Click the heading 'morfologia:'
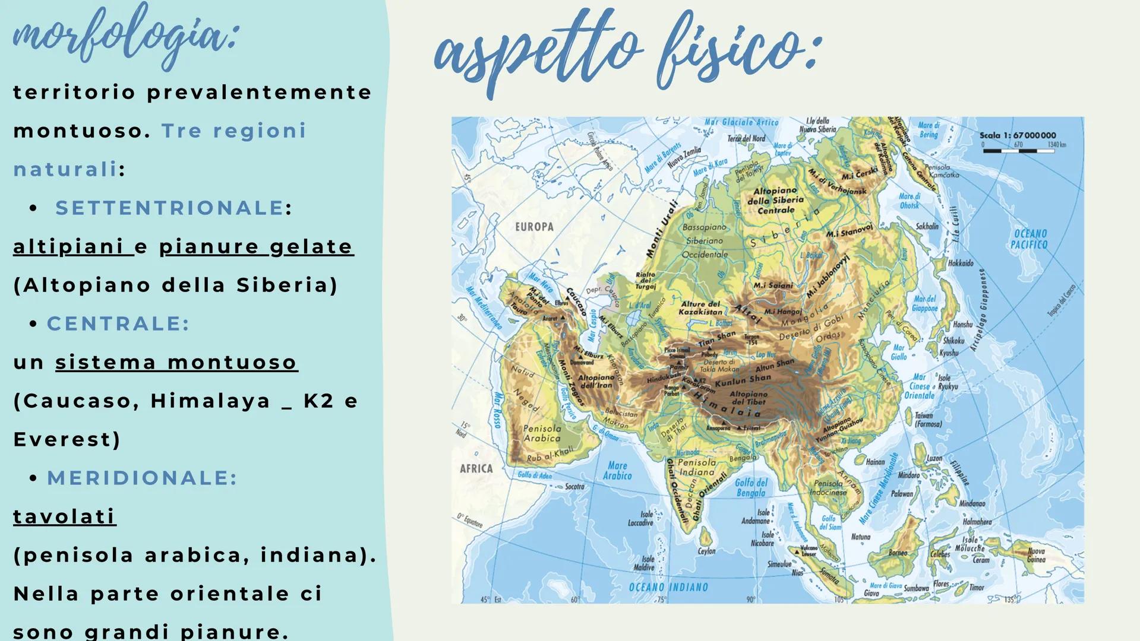[x=125, y=36]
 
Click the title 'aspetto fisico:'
[x=627, y=50]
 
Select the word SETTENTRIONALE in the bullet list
[x=169, y=208]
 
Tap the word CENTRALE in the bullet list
[x=118, y=323]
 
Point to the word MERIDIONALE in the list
[x=141, y=478]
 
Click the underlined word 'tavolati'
[x=64, y=516]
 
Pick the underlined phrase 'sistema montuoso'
[x=176, y=362]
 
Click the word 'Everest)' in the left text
[x=67, y=439]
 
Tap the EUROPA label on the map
[x=534, y=227]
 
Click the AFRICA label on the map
[x=476, y=468]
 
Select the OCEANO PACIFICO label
[x=1030, y=239]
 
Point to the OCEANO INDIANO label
[x=668, y=587]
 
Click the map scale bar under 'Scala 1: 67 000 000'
[x=1018, y=151]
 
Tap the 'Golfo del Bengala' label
[x=751, y=487]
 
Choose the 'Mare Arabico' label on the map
[x=617, y=471]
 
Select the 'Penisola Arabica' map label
[x=542, y=433]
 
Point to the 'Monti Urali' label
[x=661, y=229]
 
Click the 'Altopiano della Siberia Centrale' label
[x=775, y=201]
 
